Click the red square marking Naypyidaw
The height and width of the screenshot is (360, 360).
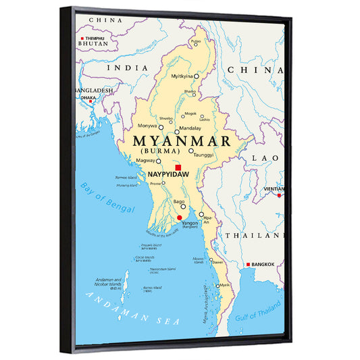178,168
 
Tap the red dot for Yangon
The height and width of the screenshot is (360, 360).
179,217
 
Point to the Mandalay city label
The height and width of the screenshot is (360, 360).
191,127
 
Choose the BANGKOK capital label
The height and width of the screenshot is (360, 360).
263,265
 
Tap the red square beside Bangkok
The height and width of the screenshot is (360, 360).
248,264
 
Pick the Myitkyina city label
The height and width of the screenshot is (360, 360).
181,76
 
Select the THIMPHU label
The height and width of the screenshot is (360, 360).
95,39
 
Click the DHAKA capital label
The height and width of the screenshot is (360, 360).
88,98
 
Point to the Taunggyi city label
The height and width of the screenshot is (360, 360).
205,155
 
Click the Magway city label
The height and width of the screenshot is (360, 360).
145,161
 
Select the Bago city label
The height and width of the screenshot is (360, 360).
179,201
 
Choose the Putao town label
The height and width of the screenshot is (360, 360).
196,41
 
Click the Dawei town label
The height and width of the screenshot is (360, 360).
217,261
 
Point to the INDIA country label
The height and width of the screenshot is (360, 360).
132,68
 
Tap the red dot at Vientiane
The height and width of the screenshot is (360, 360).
278,195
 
